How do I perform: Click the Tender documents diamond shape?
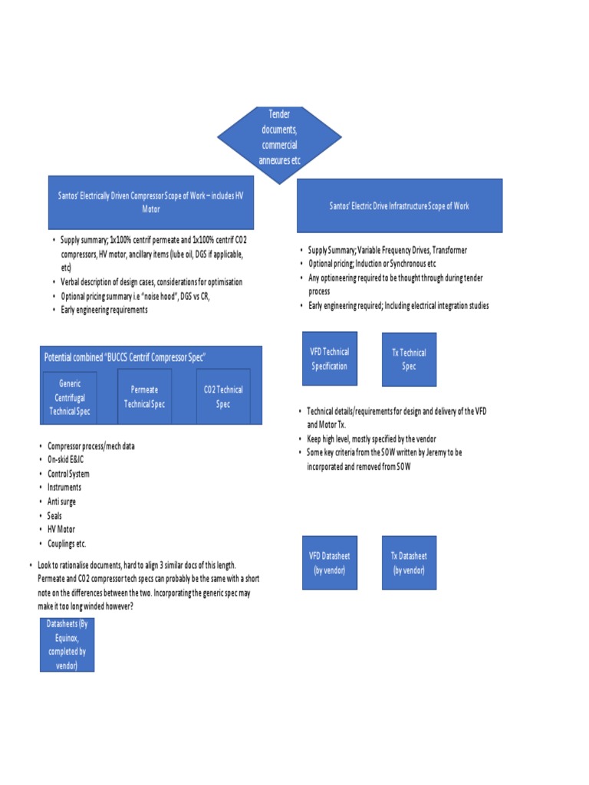(279, 137)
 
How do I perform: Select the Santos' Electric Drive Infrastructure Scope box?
(400, 205)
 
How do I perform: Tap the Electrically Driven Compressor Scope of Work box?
(151, 202)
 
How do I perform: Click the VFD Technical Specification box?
(329, 359)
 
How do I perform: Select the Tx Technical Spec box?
(409, 360)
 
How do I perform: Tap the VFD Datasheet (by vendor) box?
(330, 563)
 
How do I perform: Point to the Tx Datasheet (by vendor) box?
(409, 563)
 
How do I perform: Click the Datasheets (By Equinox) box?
(67, 645)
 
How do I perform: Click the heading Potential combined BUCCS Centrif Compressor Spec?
(125, 357)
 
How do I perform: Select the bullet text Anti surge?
(62, 501)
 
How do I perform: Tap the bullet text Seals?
(54, 516)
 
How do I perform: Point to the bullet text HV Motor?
(61, 530)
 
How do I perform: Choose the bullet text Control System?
(69, 474)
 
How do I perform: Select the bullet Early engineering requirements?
(104, 310)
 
